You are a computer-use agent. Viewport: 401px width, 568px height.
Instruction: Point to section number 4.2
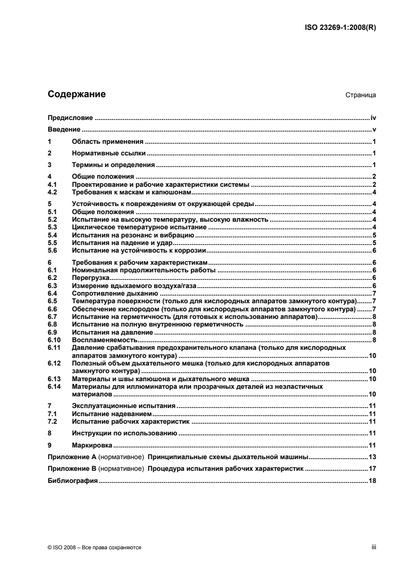pyautogui.click(x=52, y=192)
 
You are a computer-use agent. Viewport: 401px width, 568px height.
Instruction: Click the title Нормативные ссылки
pyautogui.click(x=109, y=153)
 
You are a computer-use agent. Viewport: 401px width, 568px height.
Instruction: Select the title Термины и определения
pyautogui.click(x=113, y=165)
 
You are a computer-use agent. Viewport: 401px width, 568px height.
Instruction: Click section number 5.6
pyautogui.click(x=52, y=250)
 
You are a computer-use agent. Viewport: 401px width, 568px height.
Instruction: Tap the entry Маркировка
pyautogui.click(x=92, y=445)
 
